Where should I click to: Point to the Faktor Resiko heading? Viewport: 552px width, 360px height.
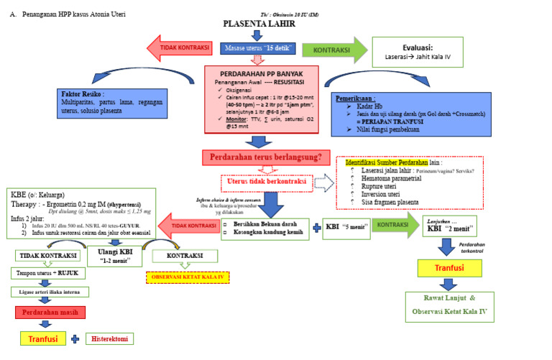(87, 94)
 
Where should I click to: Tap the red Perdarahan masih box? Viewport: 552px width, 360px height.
(49, 312)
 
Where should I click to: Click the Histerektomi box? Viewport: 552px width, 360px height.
(109, 338)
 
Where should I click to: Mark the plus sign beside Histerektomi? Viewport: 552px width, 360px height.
(74, 338)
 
